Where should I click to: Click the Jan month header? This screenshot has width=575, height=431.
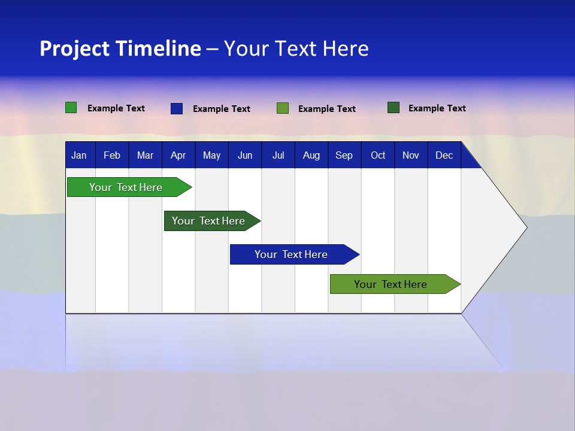point(79,156)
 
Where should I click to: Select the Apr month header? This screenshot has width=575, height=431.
point(178,156)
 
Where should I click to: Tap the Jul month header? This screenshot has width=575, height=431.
point(278,156)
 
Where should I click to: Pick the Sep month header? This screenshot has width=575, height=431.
point(344,156)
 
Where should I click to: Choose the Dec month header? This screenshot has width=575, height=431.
point(444,156)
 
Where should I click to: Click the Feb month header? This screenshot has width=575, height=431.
point(112,156)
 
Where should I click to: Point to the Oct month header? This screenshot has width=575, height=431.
point(378,156)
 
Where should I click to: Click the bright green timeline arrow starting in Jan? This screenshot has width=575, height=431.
point(126,187)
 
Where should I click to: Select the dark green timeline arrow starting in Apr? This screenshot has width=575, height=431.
point(208,221)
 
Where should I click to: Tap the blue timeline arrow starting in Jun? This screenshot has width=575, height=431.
point(291,254)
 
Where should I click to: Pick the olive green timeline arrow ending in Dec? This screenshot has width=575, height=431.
point(391,284)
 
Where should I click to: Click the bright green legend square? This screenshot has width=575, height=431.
point(71,108)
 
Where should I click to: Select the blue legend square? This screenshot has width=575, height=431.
point(177,108)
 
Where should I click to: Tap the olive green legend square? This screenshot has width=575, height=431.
point(283,108)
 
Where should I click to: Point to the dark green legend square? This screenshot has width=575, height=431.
point(394,108)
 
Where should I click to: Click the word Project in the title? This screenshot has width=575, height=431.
point(75,48)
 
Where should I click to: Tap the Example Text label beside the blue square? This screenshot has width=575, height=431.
point(222,109)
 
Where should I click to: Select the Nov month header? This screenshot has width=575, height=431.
point(411,156)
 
